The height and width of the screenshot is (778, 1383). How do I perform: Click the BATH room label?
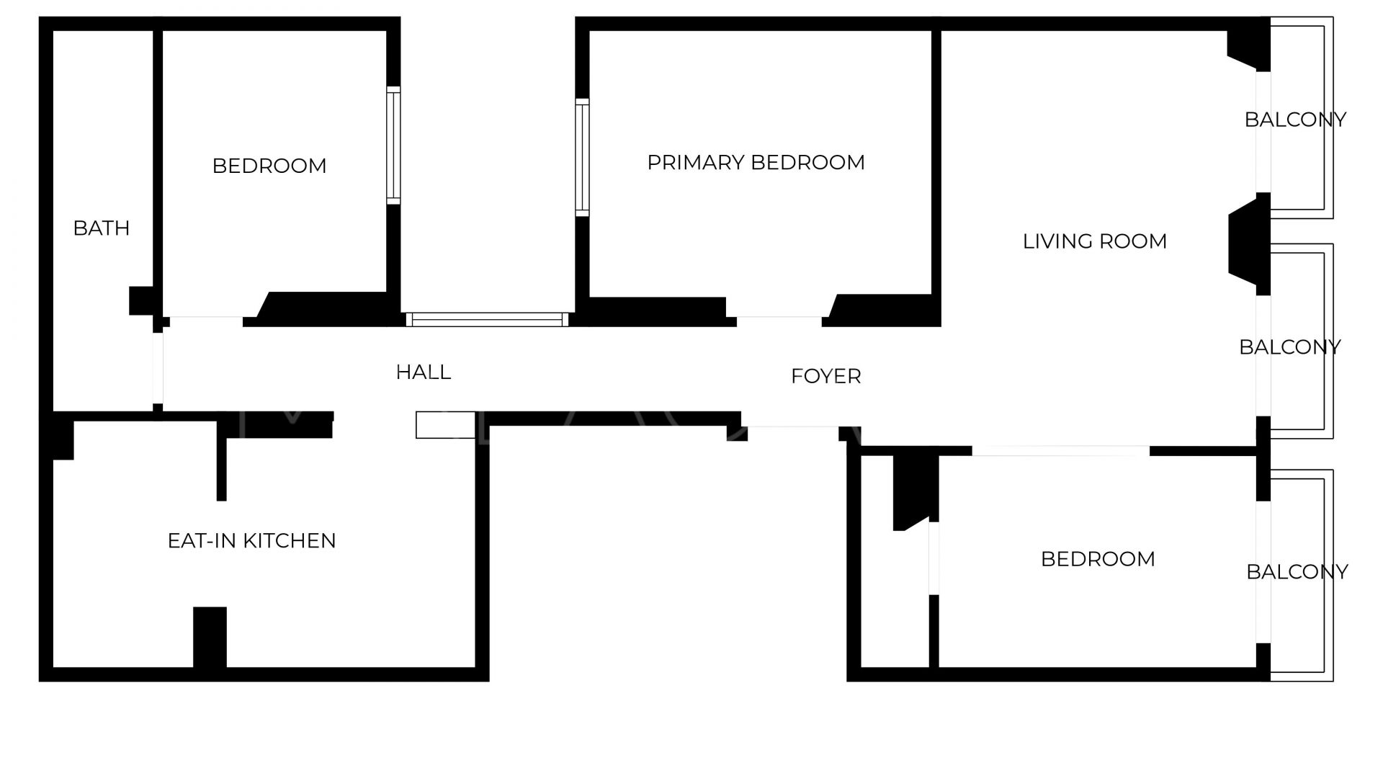point(102,228)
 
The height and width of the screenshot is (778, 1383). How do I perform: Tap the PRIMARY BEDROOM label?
point(756,163)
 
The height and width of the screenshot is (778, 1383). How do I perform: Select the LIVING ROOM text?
point(1095,241)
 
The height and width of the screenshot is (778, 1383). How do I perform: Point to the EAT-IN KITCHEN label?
point(251,541)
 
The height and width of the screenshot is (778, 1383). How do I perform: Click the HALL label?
point(424,372)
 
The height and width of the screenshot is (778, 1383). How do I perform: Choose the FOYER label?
point(826,376)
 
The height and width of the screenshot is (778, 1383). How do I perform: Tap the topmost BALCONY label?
point(1295,120)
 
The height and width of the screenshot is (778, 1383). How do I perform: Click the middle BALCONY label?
point(1289,347)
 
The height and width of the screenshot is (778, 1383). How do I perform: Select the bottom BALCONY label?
point(1297,572)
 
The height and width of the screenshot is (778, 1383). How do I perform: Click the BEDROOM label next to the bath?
point(269,166)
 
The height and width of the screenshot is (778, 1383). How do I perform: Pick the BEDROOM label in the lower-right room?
point(1098,559)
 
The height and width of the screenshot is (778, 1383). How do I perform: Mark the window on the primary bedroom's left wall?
point(582,157)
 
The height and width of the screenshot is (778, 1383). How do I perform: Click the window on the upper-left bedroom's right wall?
point(393,146)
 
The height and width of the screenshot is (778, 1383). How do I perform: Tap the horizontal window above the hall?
point(487,319)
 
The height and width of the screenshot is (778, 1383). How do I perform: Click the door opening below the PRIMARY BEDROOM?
point(779,321)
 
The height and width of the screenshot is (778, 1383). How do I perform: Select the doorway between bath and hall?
point(158,368)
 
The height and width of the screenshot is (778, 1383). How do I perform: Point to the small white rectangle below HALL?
point(446,425)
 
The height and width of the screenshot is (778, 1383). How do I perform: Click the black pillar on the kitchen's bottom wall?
point(210,638)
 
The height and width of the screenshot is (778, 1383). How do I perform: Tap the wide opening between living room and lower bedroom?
point(1061,451)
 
